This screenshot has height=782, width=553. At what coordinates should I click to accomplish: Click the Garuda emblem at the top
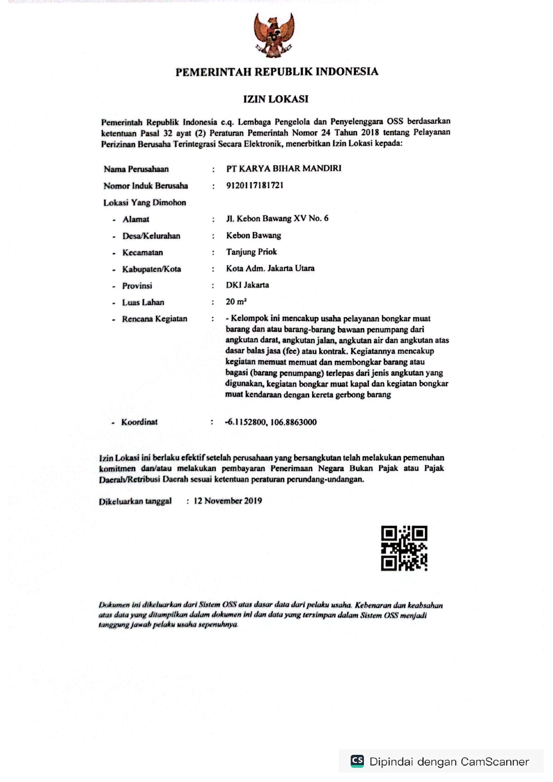tap(274, 35)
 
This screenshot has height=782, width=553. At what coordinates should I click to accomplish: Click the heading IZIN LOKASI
tap(276, 99)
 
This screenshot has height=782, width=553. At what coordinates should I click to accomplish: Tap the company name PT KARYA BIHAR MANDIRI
tap(284, 168)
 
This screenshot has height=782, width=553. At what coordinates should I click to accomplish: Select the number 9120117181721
tap(255, 185)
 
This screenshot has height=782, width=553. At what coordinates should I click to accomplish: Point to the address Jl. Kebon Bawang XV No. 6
tap(277, 218)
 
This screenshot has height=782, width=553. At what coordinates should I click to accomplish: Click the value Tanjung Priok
tap(251, 252)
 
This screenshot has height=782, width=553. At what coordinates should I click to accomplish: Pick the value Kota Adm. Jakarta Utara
tap(270, 268)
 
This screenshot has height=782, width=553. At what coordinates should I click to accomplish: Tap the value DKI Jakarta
tap(247, 285)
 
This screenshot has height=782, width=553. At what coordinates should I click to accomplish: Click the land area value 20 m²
tap(236, 302)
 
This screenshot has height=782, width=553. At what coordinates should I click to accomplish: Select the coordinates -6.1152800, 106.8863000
tap(271, 422)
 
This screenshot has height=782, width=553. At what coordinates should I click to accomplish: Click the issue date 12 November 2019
tap(227, 501)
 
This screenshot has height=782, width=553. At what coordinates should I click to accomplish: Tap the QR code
tap(404, 548)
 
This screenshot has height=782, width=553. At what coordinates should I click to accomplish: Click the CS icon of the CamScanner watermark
tap(357, 761)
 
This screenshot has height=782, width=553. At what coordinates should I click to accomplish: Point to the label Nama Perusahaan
tap(136, 169)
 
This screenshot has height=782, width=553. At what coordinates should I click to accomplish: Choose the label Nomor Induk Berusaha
tap(145, 186)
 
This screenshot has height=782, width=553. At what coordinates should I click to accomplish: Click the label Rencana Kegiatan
tap(154, 319)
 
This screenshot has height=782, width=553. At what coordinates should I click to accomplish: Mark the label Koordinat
tap(139, 422)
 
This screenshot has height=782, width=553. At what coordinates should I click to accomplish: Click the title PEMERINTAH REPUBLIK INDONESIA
tap(276, 72)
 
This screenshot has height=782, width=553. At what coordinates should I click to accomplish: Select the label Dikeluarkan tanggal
tap(135, 501)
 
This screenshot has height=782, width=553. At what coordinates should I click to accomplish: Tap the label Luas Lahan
tap(143, 302)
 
